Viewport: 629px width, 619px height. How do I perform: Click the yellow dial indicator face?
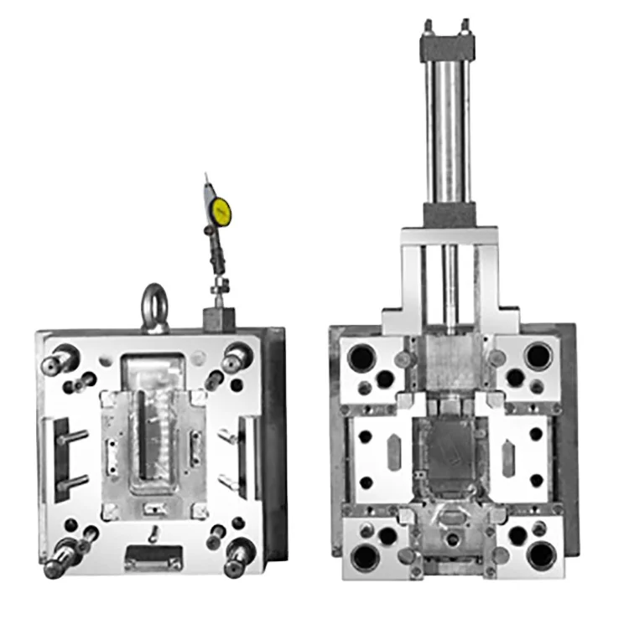pyautogui.click(x=221, y=209)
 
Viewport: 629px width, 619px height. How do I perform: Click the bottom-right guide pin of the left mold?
pyautogui.click(x=240, y=554)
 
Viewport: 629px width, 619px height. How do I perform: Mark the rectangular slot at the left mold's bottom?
pyautogui.click(x=153, y=555)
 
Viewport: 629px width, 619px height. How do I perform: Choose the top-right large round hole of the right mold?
pyautogui.click(x=538, y=355)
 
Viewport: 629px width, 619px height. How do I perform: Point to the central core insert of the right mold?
pyautogui.click(x=451, y=453)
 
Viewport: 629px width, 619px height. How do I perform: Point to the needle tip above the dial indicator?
pyautogui.click(x=206, y=177)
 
